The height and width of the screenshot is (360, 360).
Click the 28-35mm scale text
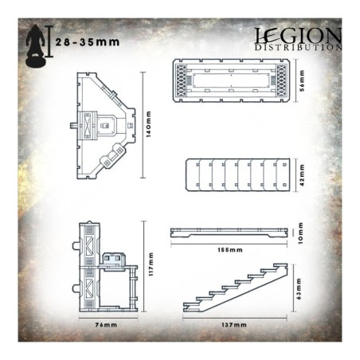click(x=88, y=42)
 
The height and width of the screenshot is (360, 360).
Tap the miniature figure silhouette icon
click(x=36, y=46)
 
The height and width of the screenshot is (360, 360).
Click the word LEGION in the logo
click(x=298, y=36)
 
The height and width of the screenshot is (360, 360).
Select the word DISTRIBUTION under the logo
click(x=298, y=48)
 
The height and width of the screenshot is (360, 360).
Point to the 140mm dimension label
click(x=148, y=124)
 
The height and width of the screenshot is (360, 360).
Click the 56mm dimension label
click(x=302, y=80)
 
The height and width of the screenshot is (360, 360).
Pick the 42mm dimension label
click(x=302, y=175)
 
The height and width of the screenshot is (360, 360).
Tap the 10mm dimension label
click(x=300, y=233)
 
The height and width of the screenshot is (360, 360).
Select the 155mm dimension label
click(x=230, y=250)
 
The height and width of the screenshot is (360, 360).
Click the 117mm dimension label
click(x=151, y=264)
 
